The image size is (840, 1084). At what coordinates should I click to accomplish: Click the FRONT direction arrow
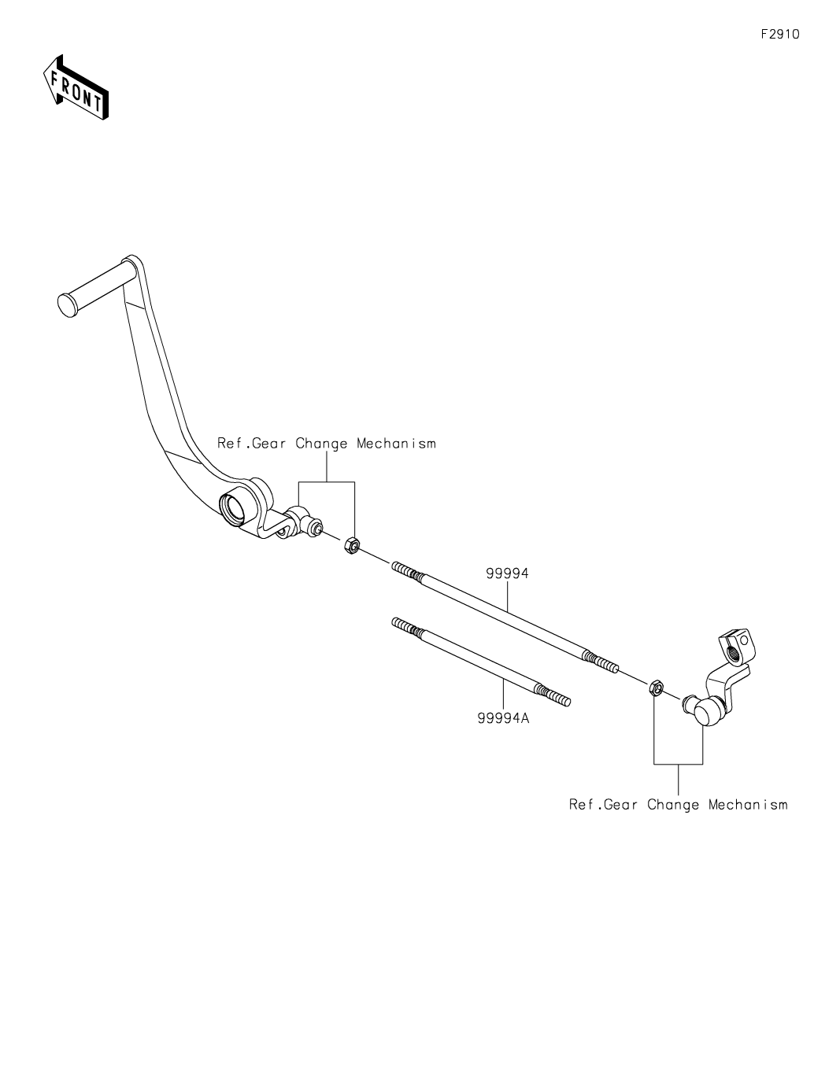(x=76, y=88)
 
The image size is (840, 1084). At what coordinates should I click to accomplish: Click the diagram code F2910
(x=780, y=34)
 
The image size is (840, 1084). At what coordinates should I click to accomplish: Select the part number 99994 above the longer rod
(x=507, y=573)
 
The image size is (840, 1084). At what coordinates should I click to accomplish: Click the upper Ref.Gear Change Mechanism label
(x=327, y=444)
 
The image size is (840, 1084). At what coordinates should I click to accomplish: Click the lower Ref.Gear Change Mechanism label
(x=679, y=805)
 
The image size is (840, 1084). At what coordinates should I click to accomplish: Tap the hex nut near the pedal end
(x=352, y=546)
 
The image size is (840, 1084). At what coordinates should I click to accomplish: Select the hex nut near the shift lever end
(x=656, y=688)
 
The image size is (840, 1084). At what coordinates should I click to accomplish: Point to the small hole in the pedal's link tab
(x=281, y=533)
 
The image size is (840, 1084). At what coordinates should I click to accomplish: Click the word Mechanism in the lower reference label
(x=748, y=805)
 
